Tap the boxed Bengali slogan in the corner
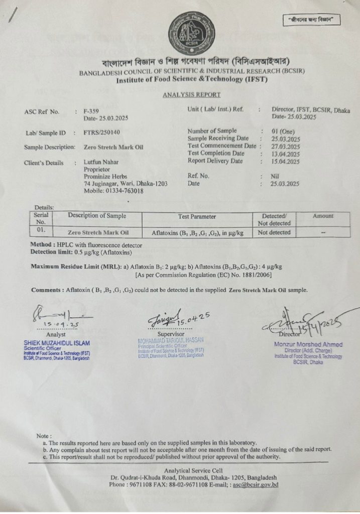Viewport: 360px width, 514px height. click(x=311, y=20)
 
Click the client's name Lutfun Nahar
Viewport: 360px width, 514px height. click(x=102, y=163)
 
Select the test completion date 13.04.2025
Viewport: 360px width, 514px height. click(x=285, y=154)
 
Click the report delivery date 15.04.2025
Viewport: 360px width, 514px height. click(x=285, y=162)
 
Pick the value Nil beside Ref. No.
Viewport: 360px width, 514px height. click(x=276, y=176)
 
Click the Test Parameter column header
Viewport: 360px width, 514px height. click(x=197, y=216)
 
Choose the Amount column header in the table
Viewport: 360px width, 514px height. click(x=323, y=216)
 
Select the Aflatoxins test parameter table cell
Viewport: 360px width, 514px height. click(x=197, y=233)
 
